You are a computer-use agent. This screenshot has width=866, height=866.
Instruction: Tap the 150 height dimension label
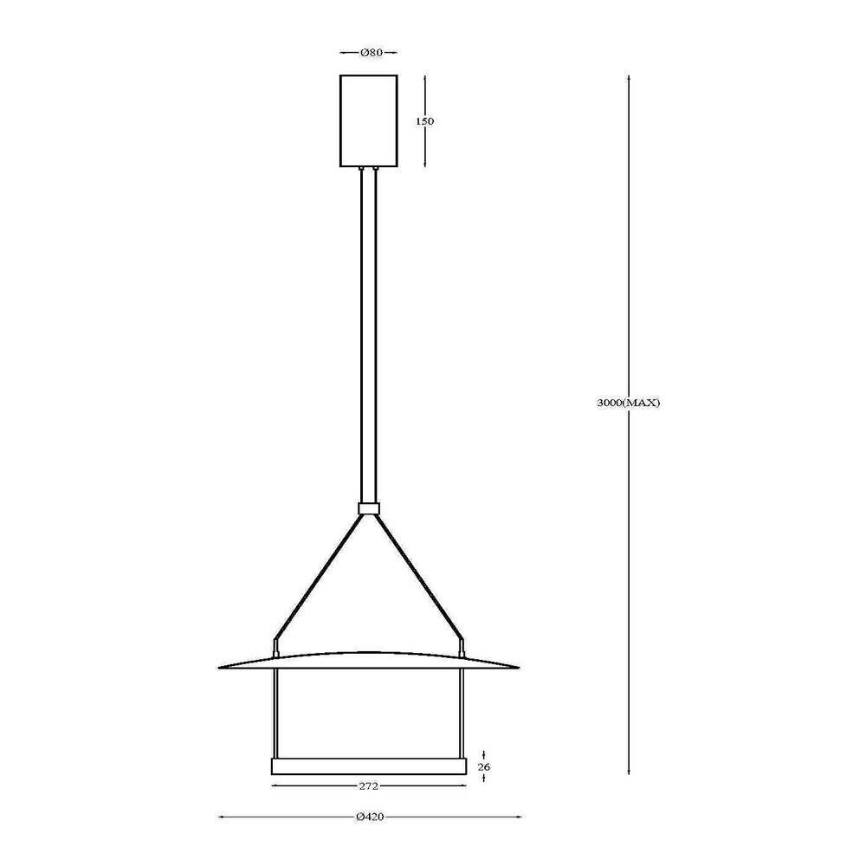424,121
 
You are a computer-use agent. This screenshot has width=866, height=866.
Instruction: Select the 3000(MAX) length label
629,403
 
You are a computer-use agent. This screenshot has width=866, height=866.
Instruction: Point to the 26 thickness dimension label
484,766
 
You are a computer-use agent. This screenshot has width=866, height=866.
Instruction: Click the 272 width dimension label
368,786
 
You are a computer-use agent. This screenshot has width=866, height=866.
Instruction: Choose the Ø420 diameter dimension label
370,817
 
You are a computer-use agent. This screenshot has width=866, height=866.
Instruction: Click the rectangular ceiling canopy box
368,120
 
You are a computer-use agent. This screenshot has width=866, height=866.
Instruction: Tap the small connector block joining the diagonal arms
368,508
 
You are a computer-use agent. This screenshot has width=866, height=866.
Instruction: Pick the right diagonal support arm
420,577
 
